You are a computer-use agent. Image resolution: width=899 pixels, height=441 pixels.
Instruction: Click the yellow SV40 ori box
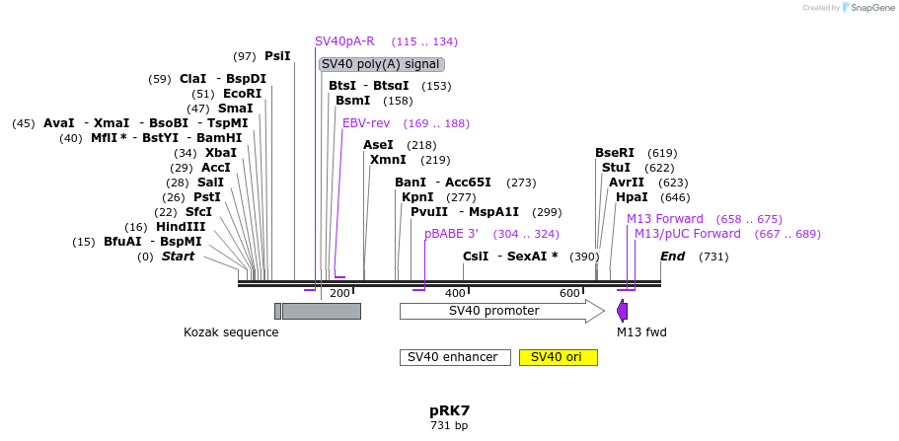pyautogui.click(x=558, y=357)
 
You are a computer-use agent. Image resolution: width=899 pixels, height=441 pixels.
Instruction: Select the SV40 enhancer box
pyautogui.click(x=454, y=357)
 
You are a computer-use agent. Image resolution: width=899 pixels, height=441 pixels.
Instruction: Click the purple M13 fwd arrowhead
pyautogui.click(x=622, y=311)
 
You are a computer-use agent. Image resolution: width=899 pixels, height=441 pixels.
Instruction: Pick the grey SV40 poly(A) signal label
pyautogui.click(x=381, y=64)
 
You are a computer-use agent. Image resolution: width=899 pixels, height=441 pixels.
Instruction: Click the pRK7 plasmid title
pyautogui.click(x=449, y=409)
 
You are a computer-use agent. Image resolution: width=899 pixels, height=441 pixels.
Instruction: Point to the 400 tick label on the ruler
pyautogui.click(x=454, y=293)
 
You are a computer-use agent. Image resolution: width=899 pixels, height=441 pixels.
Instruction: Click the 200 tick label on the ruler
pyautogui.click(x=339, y=293)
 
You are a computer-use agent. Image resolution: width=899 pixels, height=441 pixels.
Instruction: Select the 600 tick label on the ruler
pyautogui.click(x=569, y=293)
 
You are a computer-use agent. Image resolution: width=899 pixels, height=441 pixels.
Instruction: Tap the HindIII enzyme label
pyautogui.click(x=181, y=227)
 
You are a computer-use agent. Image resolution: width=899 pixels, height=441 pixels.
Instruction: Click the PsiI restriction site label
pyautogui.click(x=277, y=56)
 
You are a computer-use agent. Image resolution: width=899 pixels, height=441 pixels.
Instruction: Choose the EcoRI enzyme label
pyautogui.click(x=242, y=94)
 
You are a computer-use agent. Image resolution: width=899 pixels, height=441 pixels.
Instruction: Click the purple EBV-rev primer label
pyautogui.click(x=366, y=123)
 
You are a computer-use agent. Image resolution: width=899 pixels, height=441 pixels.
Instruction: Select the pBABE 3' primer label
pyautogui.click(x=451, y=234)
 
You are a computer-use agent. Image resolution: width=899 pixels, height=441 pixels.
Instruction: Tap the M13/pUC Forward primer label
pyautogui.click(x=687, y=234)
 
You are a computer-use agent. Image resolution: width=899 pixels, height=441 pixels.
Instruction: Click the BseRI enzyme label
pyautogui.click(x=615, y=153)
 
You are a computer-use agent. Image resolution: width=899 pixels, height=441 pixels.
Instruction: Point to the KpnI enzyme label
pyautogui.click(x=417, y=197)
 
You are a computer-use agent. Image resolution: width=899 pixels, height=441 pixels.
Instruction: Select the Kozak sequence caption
pyautogui.click(x=231, y=332)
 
